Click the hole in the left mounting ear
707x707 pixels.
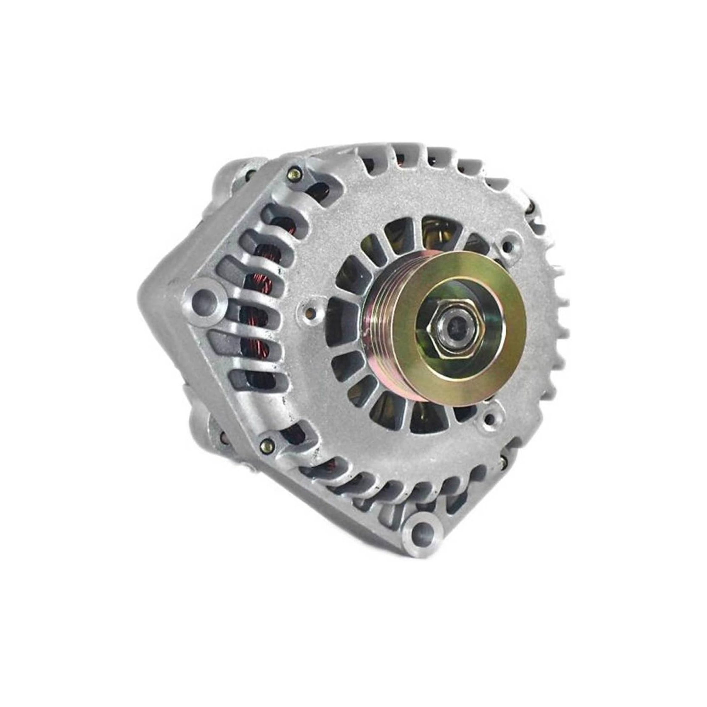(205, 297)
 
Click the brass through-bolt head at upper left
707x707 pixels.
(294, 170)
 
